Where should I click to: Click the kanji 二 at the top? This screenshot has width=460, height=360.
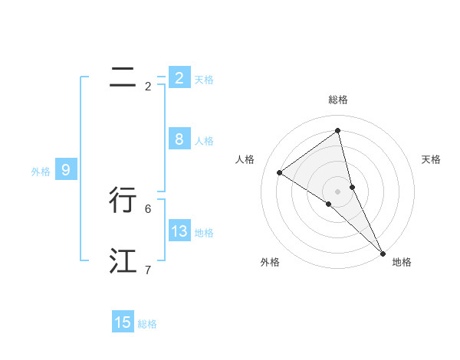pos(123,77)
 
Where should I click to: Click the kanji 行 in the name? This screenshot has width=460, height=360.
pos(123,200)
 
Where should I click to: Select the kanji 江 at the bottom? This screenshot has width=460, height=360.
pos(123,261)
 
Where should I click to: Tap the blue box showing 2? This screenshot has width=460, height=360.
pos(179,77)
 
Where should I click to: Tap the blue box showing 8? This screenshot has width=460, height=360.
pos(179,139)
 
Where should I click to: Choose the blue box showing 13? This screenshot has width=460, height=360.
pos(179,231)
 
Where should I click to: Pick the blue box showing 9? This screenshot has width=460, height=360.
pos(66,170)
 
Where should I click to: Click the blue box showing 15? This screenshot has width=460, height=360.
pos(123,322)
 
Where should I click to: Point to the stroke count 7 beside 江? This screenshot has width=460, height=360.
pos(148,270)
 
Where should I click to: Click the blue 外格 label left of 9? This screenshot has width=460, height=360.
pos(41,172)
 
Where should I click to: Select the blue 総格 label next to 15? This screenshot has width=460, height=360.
pos(147,324)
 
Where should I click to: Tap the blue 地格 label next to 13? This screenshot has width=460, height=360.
pos(204,233)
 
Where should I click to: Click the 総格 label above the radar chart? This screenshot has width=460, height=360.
pos(337,100)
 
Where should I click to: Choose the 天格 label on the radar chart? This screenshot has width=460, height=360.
pos(431,159)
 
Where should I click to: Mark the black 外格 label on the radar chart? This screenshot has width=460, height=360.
pos(270,262)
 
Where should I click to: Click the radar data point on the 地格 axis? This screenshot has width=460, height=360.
pos(383,253)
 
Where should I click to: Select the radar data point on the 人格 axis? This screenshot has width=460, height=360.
pos(279,172)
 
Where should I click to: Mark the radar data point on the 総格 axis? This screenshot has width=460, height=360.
pos(337,130)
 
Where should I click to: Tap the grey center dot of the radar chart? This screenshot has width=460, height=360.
pos(337,191)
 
